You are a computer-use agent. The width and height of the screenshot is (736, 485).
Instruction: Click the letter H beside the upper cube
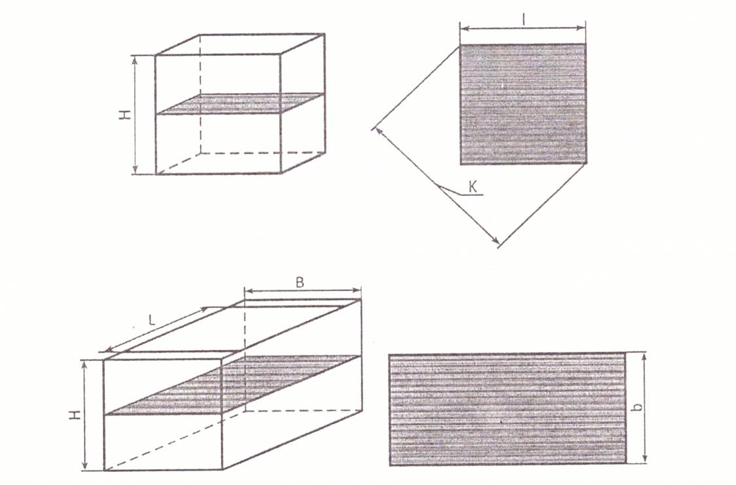[124, 114]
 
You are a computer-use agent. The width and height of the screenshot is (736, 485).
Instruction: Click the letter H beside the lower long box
[77, 415]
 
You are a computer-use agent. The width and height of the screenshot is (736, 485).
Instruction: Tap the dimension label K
[473, 187]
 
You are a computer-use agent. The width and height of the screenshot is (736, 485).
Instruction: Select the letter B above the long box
[300, 282]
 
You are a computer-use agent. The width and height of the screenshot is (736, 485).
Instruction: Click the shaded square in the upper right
[523, 104]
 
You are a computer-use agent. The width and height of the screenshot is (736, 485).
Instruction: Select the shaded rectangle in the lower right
[507, 409]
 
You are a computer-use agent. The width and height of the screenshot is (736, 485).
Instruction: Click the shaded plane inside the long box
[233, 385]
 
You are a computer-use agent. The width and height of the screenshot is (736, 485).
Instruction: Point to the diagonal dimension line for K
[436, 185]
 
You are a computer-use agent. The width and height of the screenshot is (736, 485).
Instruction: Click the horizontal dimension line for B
[303, 290]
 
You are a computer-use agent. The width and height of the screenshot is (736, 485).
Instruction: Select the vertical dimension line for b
[644, 408]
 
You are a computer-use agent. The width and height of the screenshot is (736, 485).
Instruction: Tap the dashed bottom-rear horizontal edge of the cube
[263, 153]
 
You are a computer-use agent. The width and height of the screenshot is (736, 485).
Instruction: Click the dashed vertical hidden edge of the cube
[201, 94]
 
